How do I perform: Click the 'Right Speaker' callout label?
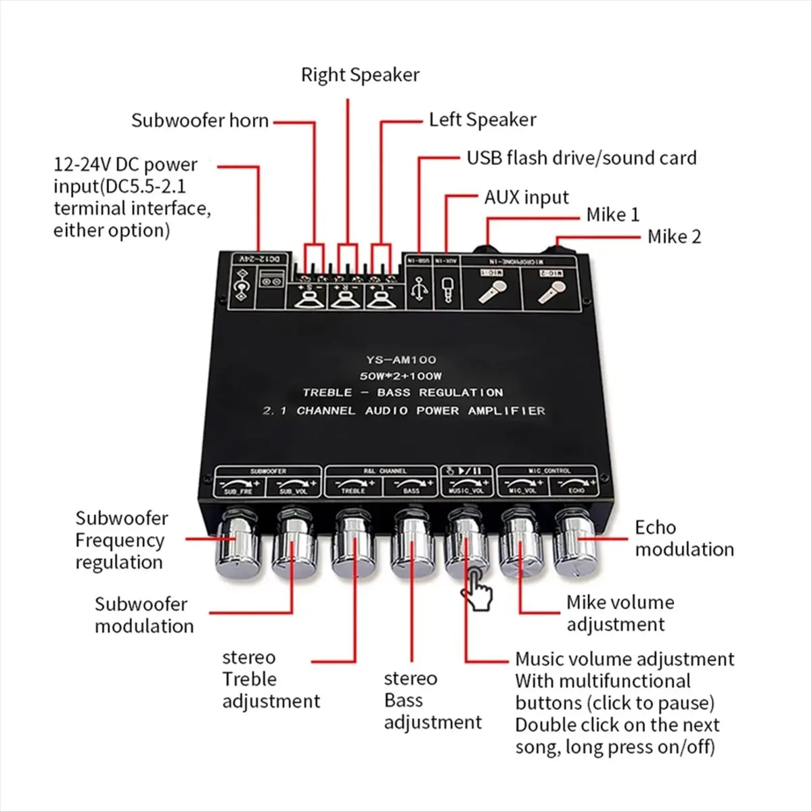coord(360,74)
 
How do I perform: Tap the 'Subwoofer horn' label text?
coord(200,121)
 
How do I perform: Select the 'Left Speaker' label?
coord(482,120)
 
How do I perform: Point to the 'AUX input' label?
coord(526,198)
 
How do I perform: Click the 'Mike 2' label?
coord(674,237)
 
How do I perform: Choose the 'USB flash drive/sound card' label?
coord(581,158)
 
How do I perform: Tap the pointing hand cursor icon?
coord(476,587)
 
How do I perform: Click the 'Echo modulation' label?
coord(683,539)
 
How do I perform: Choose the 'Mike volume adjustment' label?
coord(619,613)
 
